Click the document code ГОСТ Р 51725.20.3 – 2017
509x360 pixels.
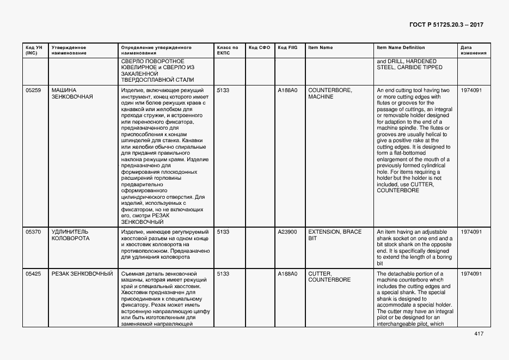[x=445, y=25]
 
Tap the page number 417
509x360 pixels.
[x=479, y=334]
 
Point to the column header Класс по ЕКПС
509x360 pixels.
[x=228, y=50]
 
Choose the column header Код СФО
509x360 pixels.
[x=259, y=47]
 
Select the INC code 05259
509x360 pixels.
[x=33, y=90]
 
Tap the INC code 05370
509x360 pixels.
[x=33, y=232]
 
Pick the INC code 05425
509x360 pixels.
[x=33, y=273]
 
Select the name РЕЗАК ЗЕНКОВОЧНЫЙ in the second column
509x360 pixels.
[x=82, y=273]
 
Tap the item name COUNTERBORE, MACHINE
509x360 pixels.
[x=330, y=93]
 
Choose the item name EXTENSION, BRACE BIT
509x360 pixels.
[x=334, y=235]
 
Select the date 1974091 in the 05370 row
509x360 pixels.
[x=471, y=232]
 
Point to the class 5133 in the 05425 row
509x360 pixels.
[x=223, y=273]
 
